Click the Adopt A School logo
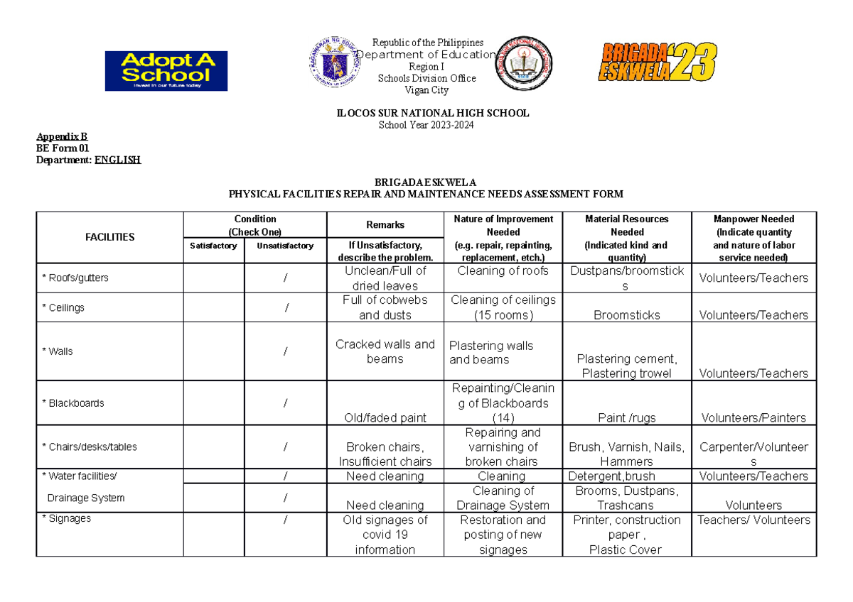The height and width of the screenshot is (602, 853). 166,71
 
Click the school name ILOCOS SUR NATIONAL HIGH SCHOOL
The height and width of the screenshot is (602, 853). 433,114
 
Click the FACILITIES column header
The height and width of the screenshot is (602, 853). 109,237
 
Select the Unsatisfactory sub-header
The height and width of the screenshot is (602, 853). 286,246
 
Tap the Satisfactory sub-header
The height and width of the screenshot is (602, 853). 214,246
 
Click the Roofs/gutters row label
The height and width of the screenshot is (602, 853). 75,278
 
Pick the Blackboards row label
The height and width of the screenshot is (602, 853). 73,403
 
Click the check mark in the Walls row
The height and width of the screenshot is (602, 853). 286,351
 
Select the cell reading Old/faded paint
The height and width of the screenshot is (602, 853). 385,418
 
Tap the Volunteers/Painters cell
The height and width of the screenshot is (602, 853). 753,418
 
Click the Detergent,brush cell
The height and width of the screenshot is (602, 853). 611,476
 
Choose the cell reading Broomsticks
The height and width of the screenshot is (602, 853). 627,315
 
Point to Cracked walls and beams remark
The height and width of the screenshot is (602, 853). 385,351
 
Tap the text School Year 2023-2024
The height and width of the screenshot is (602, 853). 433,126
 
